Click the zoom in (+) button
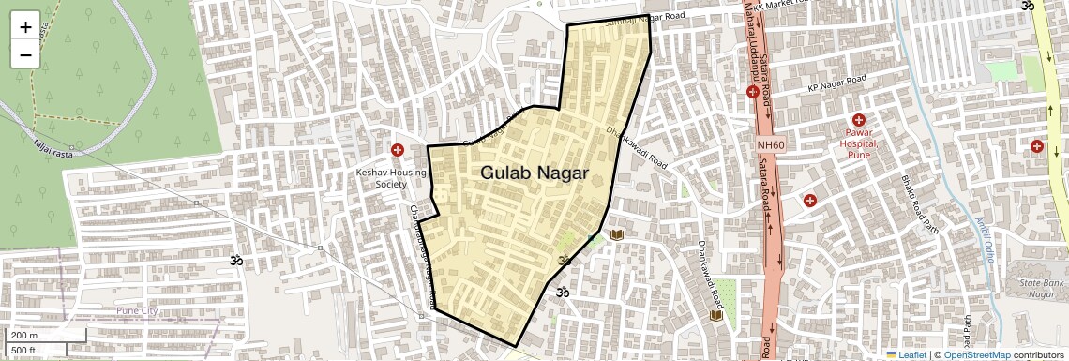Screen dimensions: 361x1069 click(25, 27)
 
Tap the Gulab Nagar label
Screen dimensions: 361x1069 click(534, 173)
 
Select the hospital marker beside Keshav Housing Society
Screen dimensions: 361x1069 click(398, 150)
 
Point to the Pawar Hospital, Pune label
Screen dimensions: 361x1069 click(858, 144)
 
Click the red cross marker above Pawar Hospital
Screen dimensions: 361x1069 click(858, 120)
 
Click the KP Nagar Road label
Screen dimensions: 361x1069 click(836, 84)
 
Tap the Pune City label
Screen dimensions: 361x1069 click(138, 310)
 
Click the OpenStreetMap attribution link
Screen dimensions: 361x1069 click(976, 354)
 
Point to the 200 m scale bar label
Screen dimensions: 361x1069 click(24, 336)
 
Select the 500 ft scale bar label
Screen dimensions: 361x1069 click(24, 350)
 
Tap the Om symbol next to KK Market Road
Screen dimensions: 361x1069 click(1026, 5)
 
